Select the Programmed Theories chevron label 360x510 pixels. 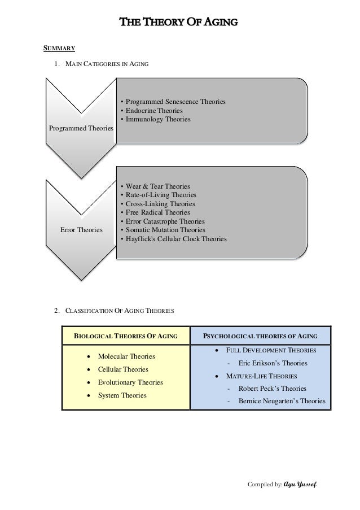coord(81,129)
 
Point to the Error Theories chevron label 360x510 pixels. coord(81,230)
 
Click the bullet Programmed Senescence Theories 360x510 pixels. coord(174,102)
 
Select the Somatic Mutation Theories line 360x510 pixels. coord(165,230)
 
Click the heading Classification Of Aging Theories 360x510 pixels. coord(120,311)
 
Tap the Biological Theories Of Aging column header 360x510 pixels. coord(126,336)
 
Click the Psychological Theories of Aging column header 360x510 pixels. coord(261,336)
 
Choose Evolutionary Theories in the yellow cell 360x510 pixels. coord(130,382)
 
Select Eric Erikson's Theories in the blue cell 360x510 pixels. coord(273,363)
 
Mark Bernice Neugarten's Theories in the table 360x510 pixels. coord(282,402)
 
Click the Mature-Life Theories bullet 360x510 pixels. coord(262,376)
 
